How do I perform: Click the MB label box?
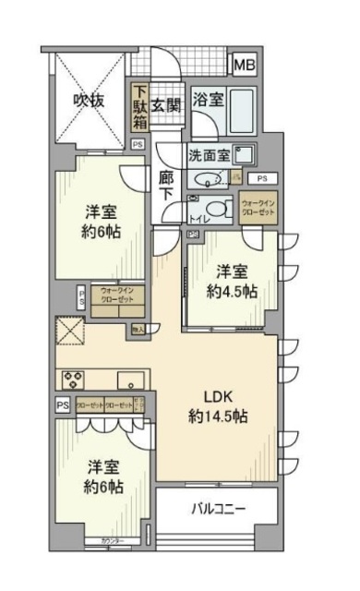[245, 65]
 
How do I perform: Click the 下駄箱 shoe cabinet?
[139, 109]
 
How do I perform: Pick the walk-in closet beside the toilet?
[258, 208]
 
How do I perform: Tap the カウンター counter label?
[102, 540]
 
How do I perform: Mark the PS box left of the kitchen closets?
[63, 405]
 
